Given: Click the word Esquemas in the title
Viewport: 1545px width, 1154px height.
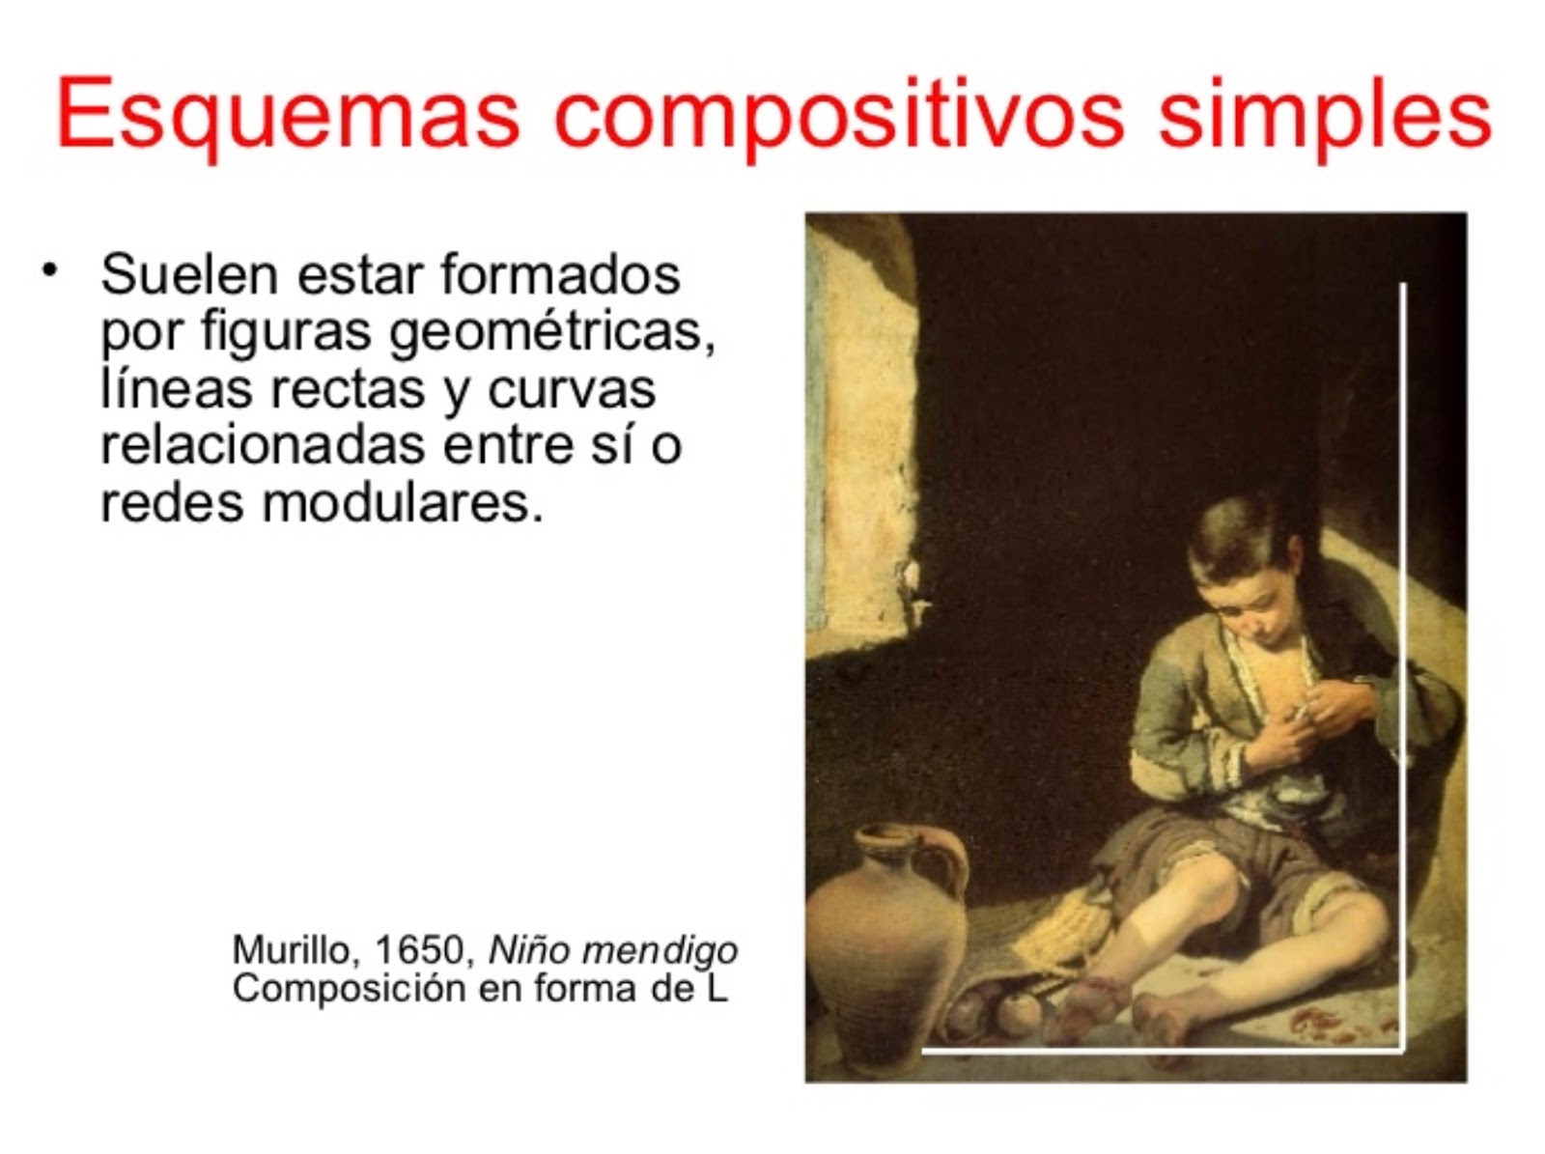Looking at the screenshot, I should [288, 113].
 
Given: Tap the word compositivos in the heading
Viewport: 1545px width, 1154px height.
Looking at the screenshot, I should [837, 113].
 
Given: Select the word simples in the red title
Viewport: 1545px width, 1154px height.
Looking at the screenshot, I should [1324, 113].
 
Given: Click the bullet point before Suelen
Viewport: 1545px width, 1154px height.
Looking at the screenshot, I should [48, 267].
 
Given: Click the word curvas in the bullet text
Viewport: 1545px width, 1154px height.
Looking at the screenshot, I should [572, 389].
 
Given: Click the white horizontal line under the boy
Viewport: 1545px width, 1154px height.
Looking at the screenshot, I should [1159, 1049].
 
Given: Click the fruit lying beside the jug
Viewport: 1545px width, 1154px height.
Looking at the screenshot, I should [1014, 1012].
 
